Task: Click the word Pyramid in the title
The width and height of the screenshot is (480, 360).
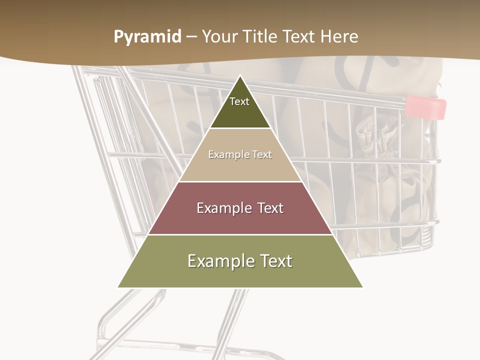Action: tap(147, 37)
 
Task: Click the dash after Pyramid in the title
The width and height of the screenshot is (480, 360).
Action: tap(192, 37)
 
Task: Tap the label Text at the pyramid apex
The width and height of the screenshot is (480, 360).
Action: tap(239, 101)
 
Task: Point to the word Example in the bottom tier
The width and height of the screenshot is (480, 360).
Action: tap(218, 261)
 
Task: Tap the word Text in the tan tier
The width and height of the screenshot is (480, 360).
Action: tap(262, 155)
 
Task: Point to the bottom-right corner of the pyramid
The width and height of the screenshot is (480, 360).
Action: tap(362, 287)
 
